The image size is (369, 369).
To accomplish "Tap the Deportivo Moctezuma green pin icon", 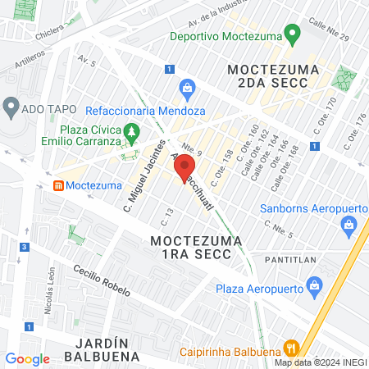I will click(289, 34).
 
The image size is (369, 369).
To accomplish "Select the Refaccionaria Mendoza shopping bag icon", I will click(187, 87).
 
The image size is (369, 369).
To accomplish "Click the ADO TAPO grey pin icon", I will click(11, 107).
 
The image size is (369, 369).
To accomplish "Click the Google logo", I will click(27, 358).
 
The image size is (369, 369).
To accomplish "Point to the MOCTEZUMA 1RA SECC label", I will click(196, 249).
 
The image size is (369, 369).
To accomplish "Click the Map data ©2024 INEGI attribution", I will click(320, 362).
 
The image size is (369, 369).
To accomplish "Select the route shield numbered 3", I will click(26, 247).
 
